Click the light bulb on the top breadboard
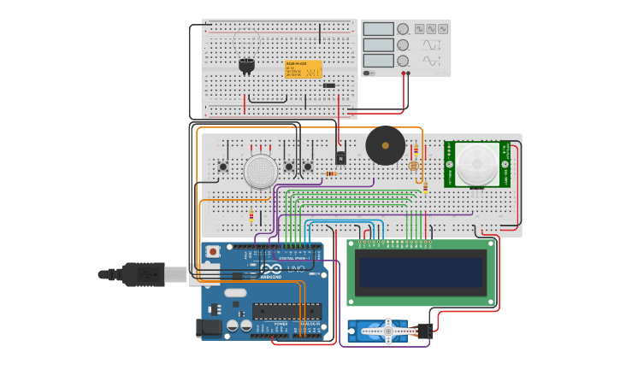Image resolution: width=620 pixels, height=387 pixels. (x=246, y=64)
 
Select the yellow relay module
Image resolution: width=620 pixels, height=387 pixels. (x=304, y=69)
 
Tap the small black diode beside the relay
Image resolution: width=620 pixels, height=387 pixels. (x=329, y=85)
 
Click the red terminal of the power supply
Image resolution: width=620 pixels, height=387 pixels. (x=403, y=73)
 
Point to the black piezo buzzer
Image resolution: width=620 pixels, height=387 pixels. (x=385, y=145)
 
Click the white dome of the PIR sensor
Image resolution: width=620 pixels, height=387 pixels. (x=476, y=163)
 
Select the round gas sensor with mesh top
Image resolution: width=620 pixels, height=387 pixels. (x=260, y=171)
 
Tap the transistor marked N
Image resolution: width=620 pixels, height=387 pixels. (x=340, y=158)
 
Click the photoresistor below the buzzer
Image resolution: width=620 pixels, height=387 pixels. (x=413, y=166)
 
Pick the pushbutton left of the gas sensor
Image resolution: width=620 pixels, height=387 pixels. (x=223, y=166)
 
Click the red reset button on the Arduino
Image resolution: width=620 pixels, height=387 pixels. (x=213, y=251)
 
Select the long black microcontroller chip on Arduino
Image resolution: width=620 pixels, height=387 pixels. (x=286, y=311)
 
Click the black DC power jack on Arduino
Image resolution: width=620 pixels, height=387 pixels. (x=209, y=327)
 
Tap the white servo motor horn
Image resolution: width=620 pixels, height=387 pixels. (x=388, y=331)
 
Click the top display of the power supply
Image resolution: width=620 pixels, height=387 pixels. (x=378, y=29)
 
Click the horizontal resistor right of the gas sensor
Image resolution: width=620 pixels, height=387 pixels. (x=330, y=173)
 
